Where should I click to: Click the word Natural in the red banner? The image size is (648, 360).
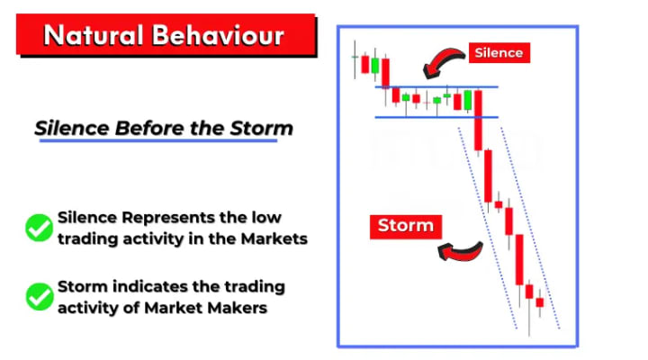point(94,35)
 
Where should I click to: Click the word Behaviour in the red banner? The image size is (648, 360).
point(218,35)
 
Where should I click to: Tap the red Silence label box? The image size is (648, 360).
point(499,53)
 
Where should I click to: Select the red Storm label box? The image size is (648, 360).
point(406,227)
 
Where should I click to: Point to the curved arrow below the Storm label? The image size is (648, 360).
point(461,252)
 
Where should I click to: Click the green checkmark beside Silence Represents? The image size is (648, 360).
point(40,228)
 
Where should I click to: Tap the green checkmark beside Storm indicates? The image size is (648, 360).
point(40,296)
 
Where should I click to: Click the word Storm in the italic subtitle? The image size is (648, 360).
point(261,128)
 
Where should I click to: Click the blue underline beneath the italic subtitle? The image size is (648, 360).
point(158,141)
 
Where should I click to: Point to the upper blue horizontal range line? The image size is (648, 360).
point(436,87)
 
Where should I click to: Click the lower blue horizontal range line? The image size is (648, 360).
point(436,117)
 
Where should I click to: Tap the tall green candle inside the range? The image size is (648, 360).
point(468,100)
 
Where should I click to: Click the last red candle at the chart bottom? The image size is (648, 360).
point(540,302)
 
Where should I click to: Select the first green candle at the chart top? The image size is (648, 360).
point(374,66)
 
